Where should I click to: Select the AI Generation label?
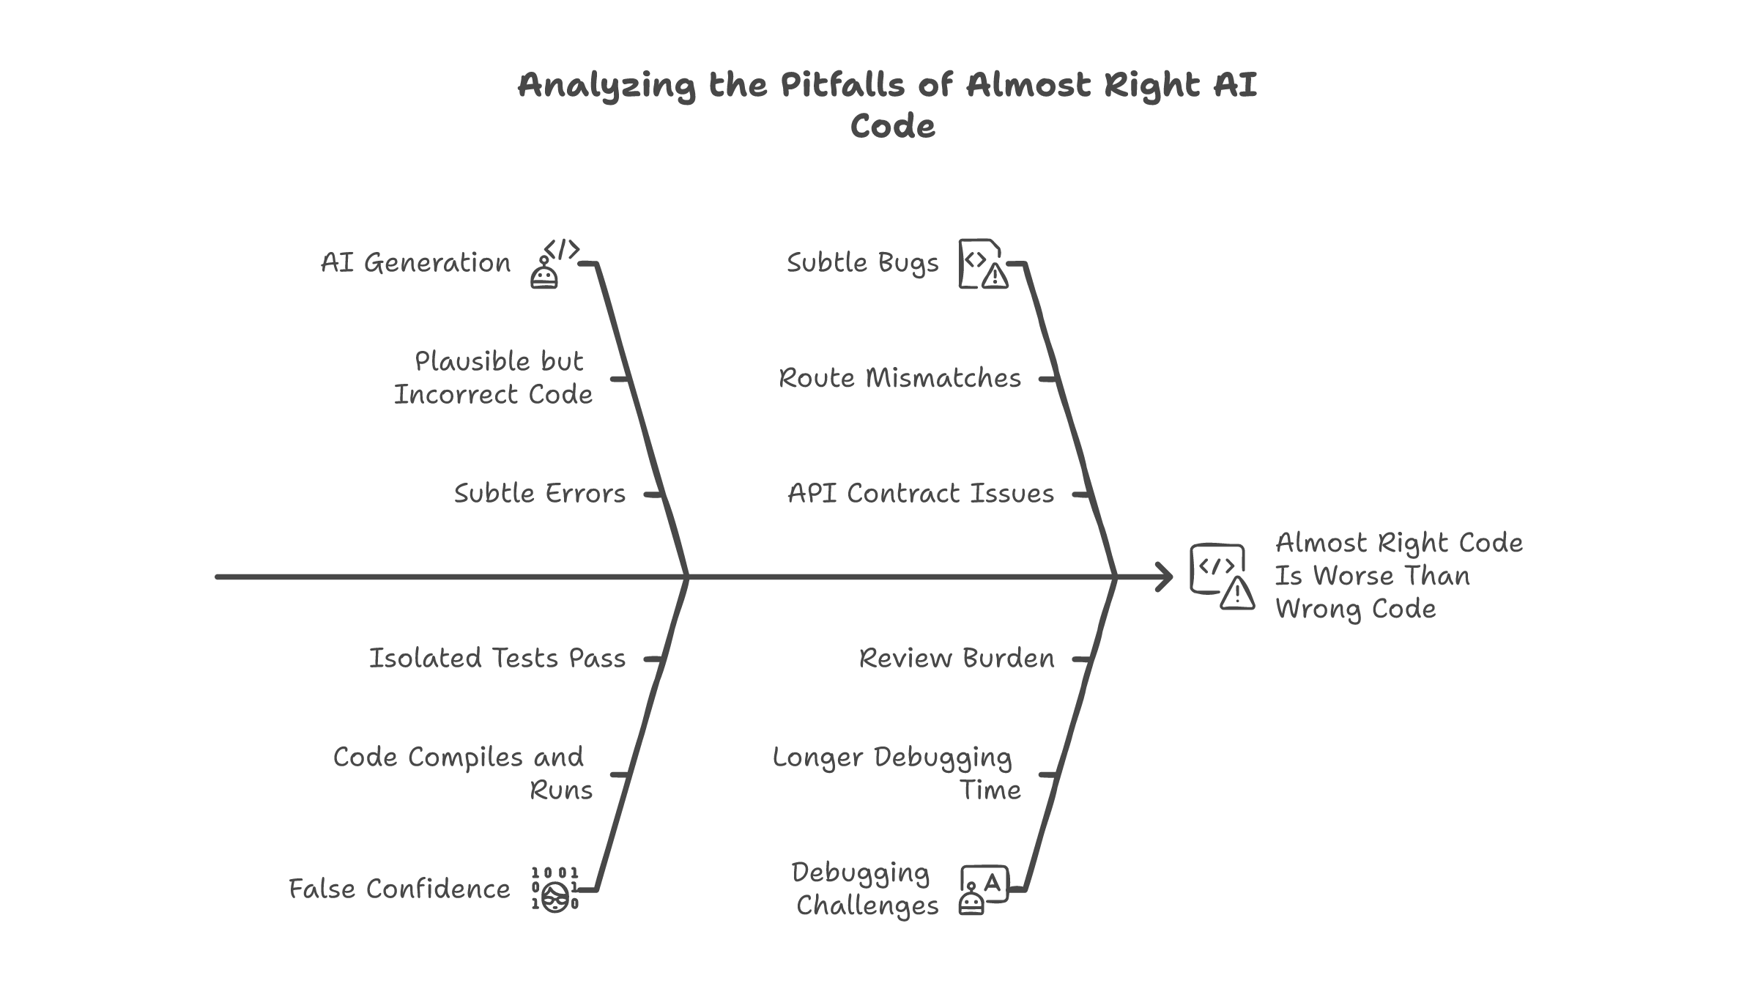coord(415,262)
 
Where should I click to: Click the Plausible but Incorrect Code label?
coord(493,378)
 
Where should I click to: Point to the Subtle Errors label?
coord(540,494)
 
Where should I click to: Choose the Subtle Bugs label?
coord(862,262)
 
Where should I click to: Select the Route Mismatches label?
coord(900,378)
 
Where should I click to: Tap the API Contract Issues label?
coord(921,494)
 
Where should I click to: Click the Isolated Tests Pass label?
coord(497,658)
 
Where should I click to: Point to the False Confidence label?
coord(399,889)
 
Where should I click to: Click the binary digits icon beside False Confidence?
coord(555,889)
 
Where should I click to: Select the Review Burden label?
coord(957,658)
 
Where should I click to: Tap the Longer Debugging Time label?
coord(895,773)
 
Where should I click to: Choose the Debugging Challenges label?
coord(864,889)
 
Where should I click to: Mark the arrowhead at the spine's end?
coord(1165,577)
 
